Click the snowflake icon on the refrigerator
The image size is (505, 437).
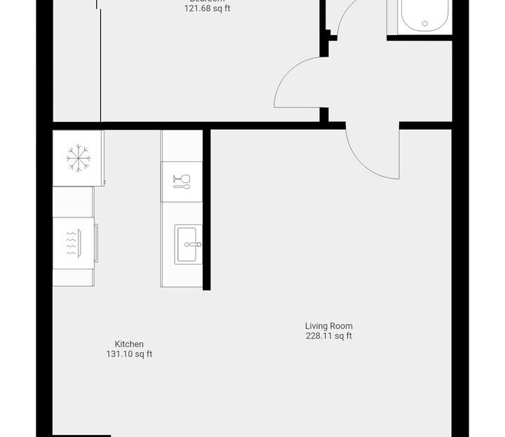tap(79, 159)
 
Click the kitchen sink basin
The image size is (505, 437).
tap(187, 245)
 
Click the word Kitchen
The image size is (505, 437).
tap(129, 344)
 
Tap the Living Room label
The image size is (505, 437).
tap(328, 326)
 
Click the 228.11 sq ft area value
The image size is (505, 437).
tap(328, 336)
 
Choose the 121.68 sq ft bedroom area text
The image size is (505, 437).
tap(207, 8)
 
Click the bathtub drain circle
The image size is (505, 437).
tap(425, 24)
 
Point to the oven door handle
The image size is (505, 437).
tap(97, 243)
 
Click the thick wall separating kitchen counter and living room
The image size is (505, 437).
tap(207, 210)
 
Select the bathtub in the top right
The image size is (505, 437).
tap(424, 15)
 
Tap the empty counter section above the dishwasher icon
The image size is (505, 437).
tap(182, 146)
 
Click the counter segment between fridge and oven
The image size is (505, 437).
tap(73, 202)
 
